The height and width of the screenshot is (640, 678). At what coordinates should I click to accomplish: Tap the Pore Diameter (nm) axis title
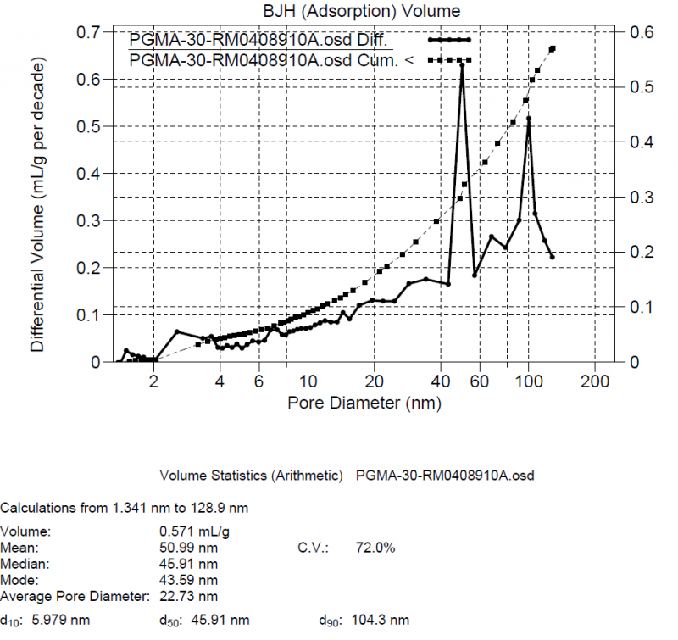tap(364, 403)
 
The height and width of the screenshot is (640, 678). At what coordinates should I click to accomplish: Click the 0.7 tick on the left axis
tap(89, 32)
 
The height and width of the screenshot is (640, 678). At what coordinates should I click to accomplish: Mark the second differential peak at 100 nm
tap(529, 119)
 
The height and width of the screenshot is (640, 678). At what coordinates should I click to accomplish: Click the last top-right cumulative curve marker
tap(553, 49)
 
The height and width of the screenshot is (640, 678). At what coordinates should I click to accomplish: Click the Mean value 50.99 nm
tap(183, 548)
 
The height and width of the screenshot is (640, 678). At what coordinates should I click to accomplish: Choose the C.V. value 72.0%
tap(375, 548)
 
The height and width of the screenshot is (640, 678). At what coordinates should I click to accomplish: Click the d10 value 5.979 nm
tap(60, 620)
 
